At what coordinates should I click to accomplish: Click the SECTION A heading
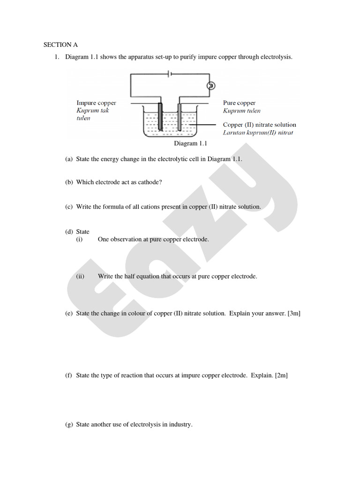[60, 45]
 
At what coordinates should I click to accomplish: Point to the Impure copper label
[96, 103]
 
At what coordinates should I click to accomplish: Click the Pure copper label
[239, 103]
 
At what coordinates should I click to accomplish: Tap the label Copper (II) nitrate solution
[259, 125]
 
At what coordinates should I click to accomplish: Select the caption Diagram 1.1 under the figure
[190, 144]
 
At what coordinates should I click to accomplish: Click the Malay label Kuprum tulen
[241, 111]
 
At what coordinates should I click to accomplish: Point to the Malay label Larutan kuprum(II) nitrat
[258, 133]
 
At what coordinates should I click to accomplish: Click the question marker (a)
[69, 159]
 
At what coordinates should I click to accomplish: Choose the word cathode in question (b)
[149, 182]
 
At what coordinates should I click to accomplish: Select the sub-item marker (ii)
[80, 277]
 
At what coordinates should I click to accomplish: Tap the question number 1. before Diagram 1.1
[56, 57]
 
